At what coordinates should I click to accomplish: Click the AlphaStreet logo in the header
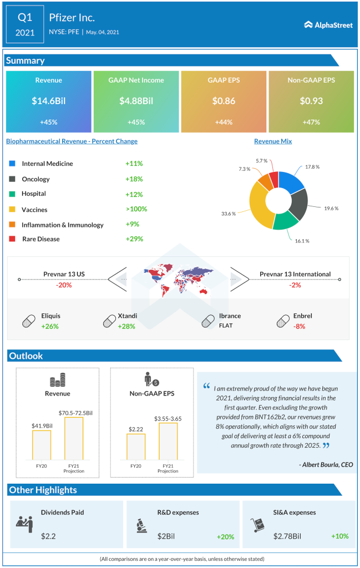[328, 24]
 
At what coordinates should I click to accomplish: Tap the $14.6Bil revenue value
[48, 101]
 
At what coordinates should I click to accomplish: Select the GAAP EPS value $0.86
[224, 101]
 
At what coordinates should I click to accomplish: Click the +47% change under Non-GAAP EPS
[311, 122]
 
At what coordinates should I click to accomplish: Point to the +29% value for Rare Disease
[134, 239]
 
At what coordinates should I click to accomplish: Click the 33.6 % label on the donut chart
[229, 214]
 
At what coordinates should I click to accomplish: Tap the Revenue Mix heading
[273, 141]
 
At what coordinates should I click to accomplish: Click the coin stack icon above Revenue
[58, 382]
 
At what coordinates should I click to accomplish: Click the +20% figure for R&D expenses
[225, 536]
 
